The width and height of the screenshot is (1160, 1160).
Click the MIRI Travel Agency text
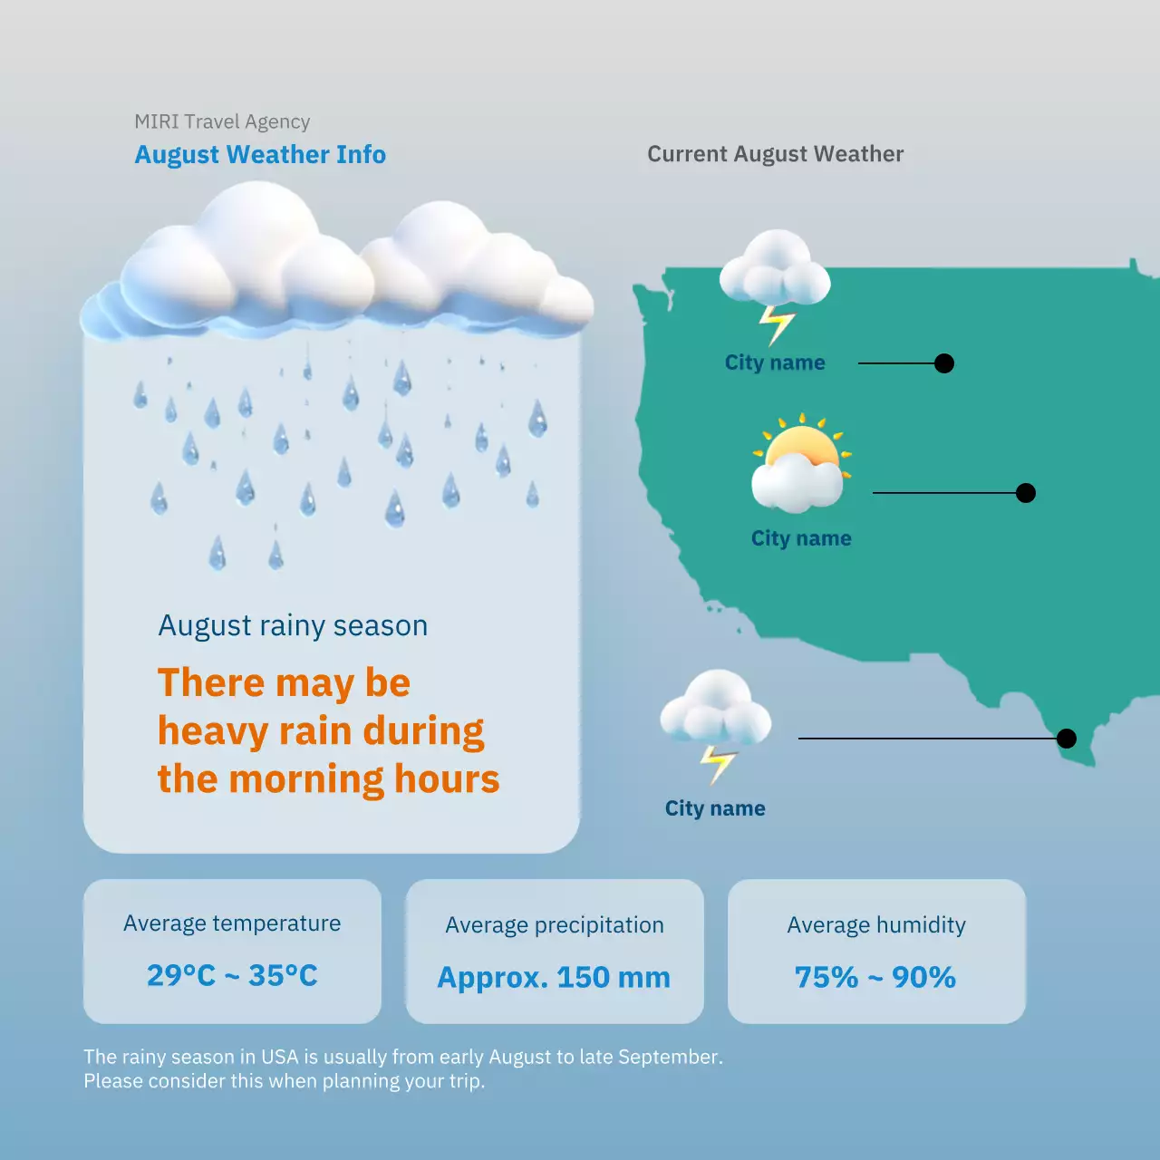pos(222,121)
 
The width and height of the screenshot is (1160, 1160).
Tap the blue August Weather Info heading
pos(260,155)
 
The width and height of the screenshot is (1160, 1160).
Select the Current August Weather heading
pos(775,154)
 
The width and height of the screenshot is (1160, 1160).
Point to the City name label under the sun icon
pos(801,538)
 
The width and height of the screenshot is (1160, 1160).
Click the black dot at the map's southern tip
pos(1067,739)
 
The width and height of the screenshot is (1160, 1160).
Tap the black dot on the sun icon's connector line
pos(1026,493)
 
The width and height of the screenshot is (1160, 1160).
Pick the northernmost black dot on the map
pos(944,363)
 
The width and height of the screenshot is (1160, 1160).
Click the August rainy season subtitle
pos(293,626)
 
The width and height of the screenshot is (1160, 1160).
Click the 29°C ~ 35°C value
pos(232,975)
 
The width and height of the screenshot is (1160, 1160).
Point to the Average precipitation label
pos(555,925)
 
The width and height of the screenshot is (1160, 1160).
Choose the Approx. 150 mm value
pos(554,978)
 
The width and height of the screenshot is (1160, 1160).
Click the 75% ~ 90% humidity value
pos(875,978)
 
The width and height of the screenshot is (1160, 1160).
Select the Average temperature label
pos(232,923)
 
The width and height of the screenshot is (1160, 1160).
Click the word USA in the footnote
pos(280,1057)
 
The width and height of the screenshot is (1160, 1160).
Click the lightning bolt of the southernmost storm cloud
pos(718,764)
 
